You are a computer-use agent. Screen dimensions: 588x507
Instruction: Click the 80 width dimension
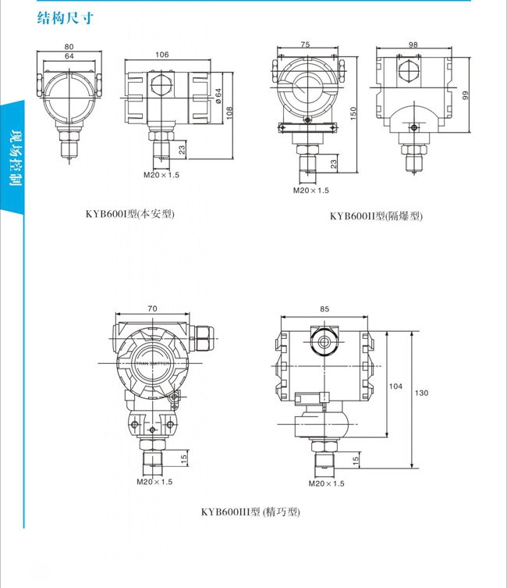click(x=69, y=46)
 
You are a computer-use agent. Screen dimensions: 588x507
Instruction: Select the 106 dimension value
click(x=162, y=55)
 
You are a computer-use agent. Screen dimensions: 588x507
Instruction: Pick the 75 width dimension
click(x=306, y=45)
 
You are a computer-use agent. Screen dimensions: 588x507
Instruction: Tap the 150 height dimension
click(x=353, y=114)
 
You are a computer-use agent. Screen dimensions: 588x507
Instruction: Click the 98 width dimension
click(x=413, y=45)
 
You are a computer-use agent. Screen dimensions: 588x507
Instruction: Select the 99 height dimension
click(x=465, y=94)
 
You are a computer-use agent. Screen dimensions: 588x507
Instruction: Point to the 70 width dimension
click(x=152, y=309)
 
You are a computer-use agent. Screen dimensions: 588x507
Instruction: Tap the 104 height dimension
click(x=395, y=387)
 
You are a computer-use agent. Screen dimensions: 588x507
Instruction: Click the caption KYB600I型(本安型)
click(x=130, y=213)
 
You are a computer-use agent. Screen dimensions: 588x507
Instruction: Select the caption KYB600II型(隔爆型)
click(x=376, y=216)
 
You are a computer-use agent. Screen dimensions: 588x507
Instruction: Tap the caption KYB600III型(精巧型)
click(x=250, y=512)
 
